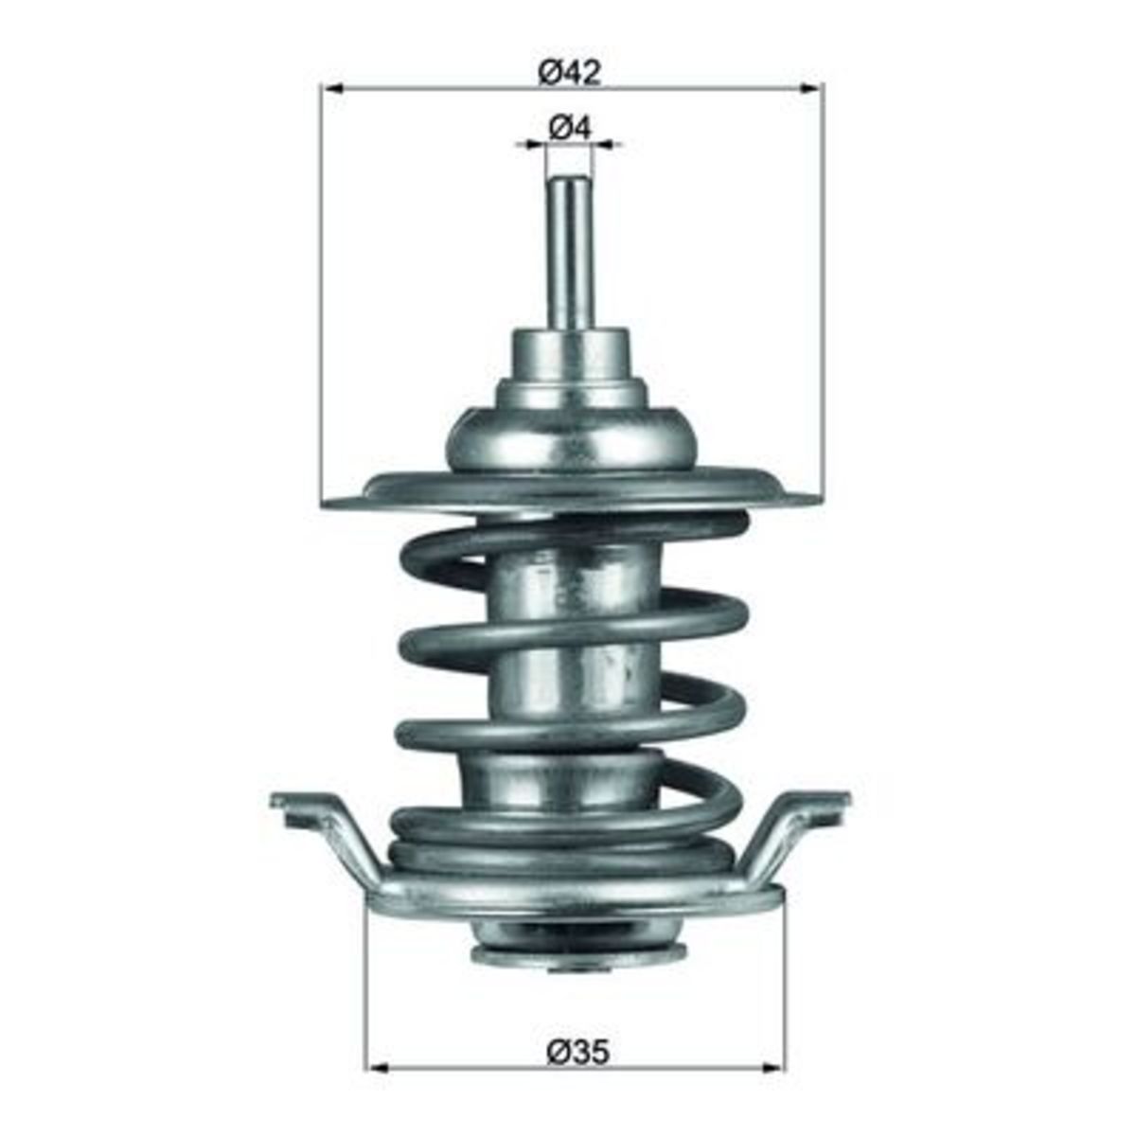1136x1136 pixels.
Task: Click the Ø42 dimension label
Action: coord(570,72)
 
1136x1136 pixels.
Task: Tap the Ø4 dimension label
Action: coord(569,127)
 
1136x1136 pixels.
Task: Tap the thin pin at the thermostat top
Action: coord(569,256)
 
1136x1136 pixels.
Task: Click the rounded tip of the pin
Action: coord(569,183)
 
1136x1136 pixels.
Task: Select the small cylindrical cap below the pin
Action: coord(569,355)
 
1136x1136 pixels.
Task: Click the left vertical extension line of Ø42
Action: coord(321,284)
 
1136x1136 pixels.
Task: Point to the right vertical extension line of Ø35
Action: coord(785,975)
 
